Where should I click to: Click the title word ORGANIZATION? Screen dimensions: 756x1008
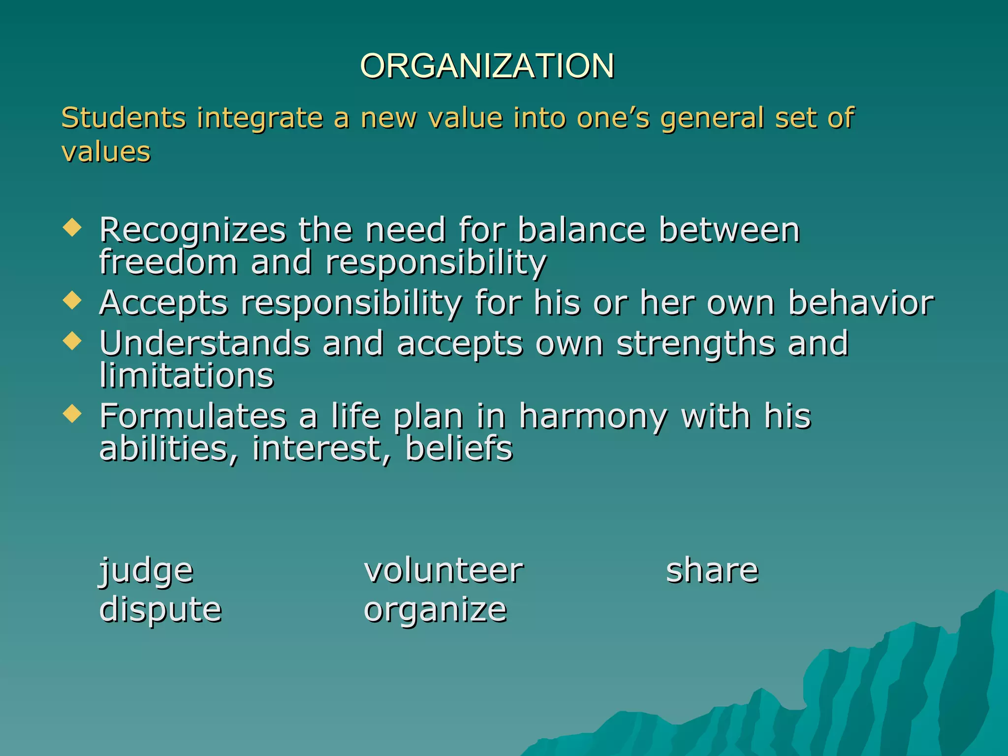coord(487,65)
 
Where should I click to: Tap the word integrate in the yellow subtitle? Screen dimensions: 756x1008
coord(259,119)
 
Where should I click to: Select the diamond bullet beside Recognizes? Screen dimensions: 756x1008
coord(72,228)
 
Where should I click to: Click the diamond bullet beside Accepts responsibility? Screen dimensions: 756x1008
coord(72,300)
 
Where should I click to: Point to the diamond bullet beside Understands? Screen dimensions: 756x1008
coord(72,341)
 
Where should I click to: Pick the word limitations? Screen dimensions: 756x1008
coord(186,375)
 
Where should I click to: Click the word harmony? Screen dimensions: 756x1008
coord(593,416)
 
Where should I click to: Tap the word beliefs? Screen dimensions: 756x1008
coord(458,448)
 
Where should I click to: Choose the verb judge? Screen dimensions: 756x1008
coord(146,571)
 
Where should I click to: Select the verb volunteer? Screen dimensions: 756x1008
coord(443,570)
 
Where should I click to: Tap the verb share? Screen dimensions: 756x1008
coord(712,570)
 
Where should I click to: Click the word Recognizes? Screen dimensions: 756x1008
coord(192,230)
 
